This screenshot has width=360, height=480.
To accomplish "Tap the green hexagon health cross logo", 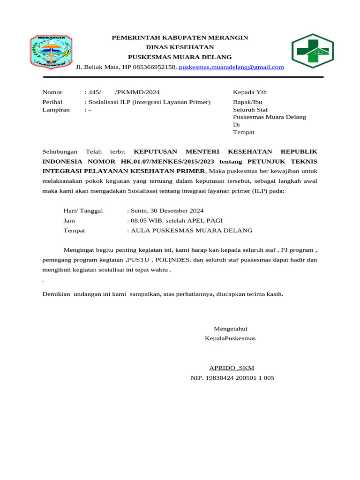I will (x=313, y=51).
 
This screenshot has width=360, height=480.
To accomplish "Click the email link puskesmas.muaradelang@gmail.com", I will (x=232, y=67).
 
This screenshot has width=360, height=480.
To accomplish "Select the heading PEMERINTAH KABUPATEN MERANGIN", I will (x=180, y=37).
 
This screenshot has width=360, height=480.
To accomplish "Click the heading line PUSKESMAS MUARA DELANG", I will (x=180, y=57).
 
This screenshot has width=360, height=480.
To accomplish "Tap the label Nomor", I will (x=52, y=92).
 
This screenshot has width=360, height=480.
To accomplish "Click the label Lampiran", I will (x=56, y=110).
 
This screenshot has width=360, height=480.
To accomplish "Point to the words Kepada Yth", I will (x=250, y=92).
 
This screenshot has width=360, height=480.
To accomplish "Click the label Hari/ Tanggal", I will (x=83, y=211).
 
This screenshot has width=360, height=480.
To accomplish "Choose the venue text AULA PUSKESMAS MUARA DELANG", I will (x=192, y=231).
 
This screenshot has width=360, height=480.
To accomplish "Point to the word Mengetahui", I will (x=230, y=328).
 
